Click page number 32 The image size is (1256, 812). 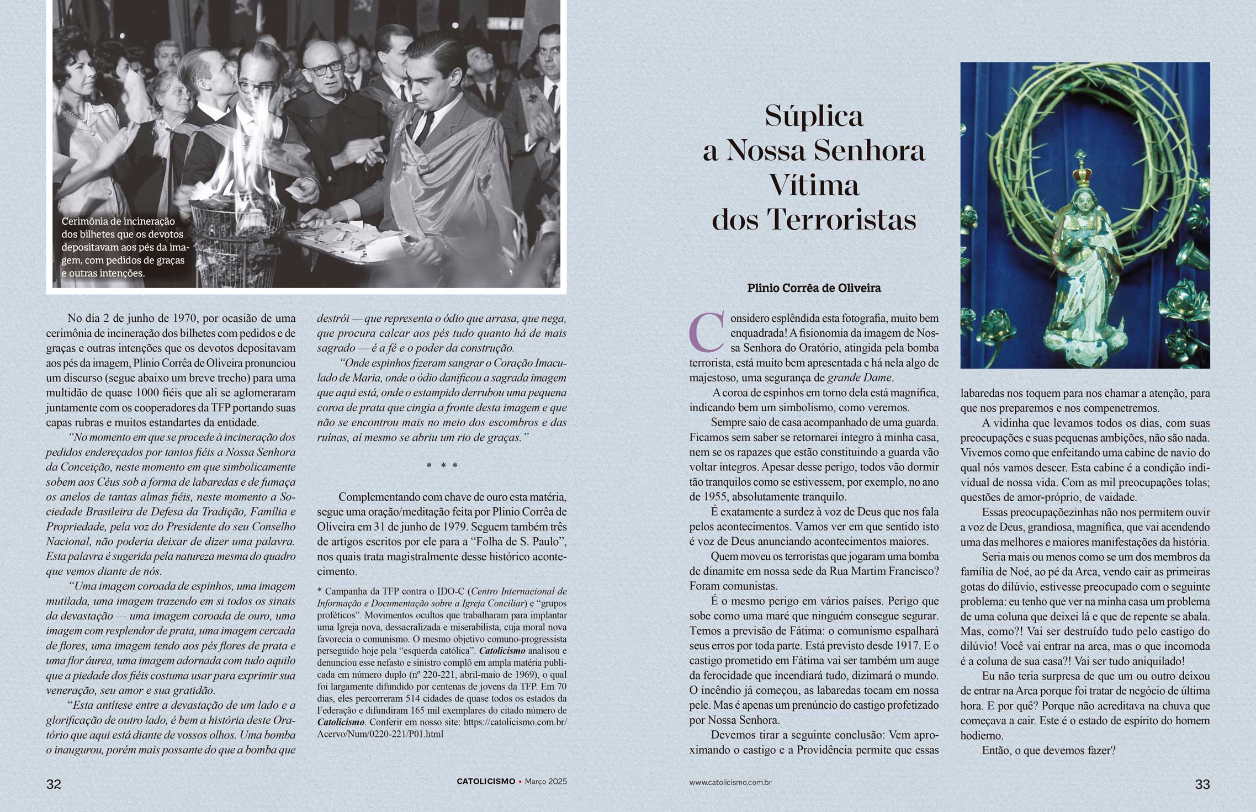54,784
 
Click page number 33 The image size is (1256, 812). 1202,784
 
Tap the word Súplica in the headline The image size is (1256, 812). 814,116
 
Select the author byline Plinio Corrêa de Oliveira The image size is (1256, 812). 814,288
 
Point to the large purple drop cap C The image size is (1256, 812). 707,332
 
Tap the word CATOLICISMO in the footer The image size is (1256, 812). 486,782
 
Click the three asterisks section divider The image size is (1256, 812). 442,465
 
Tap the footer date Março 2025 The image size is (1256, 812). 545,782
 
